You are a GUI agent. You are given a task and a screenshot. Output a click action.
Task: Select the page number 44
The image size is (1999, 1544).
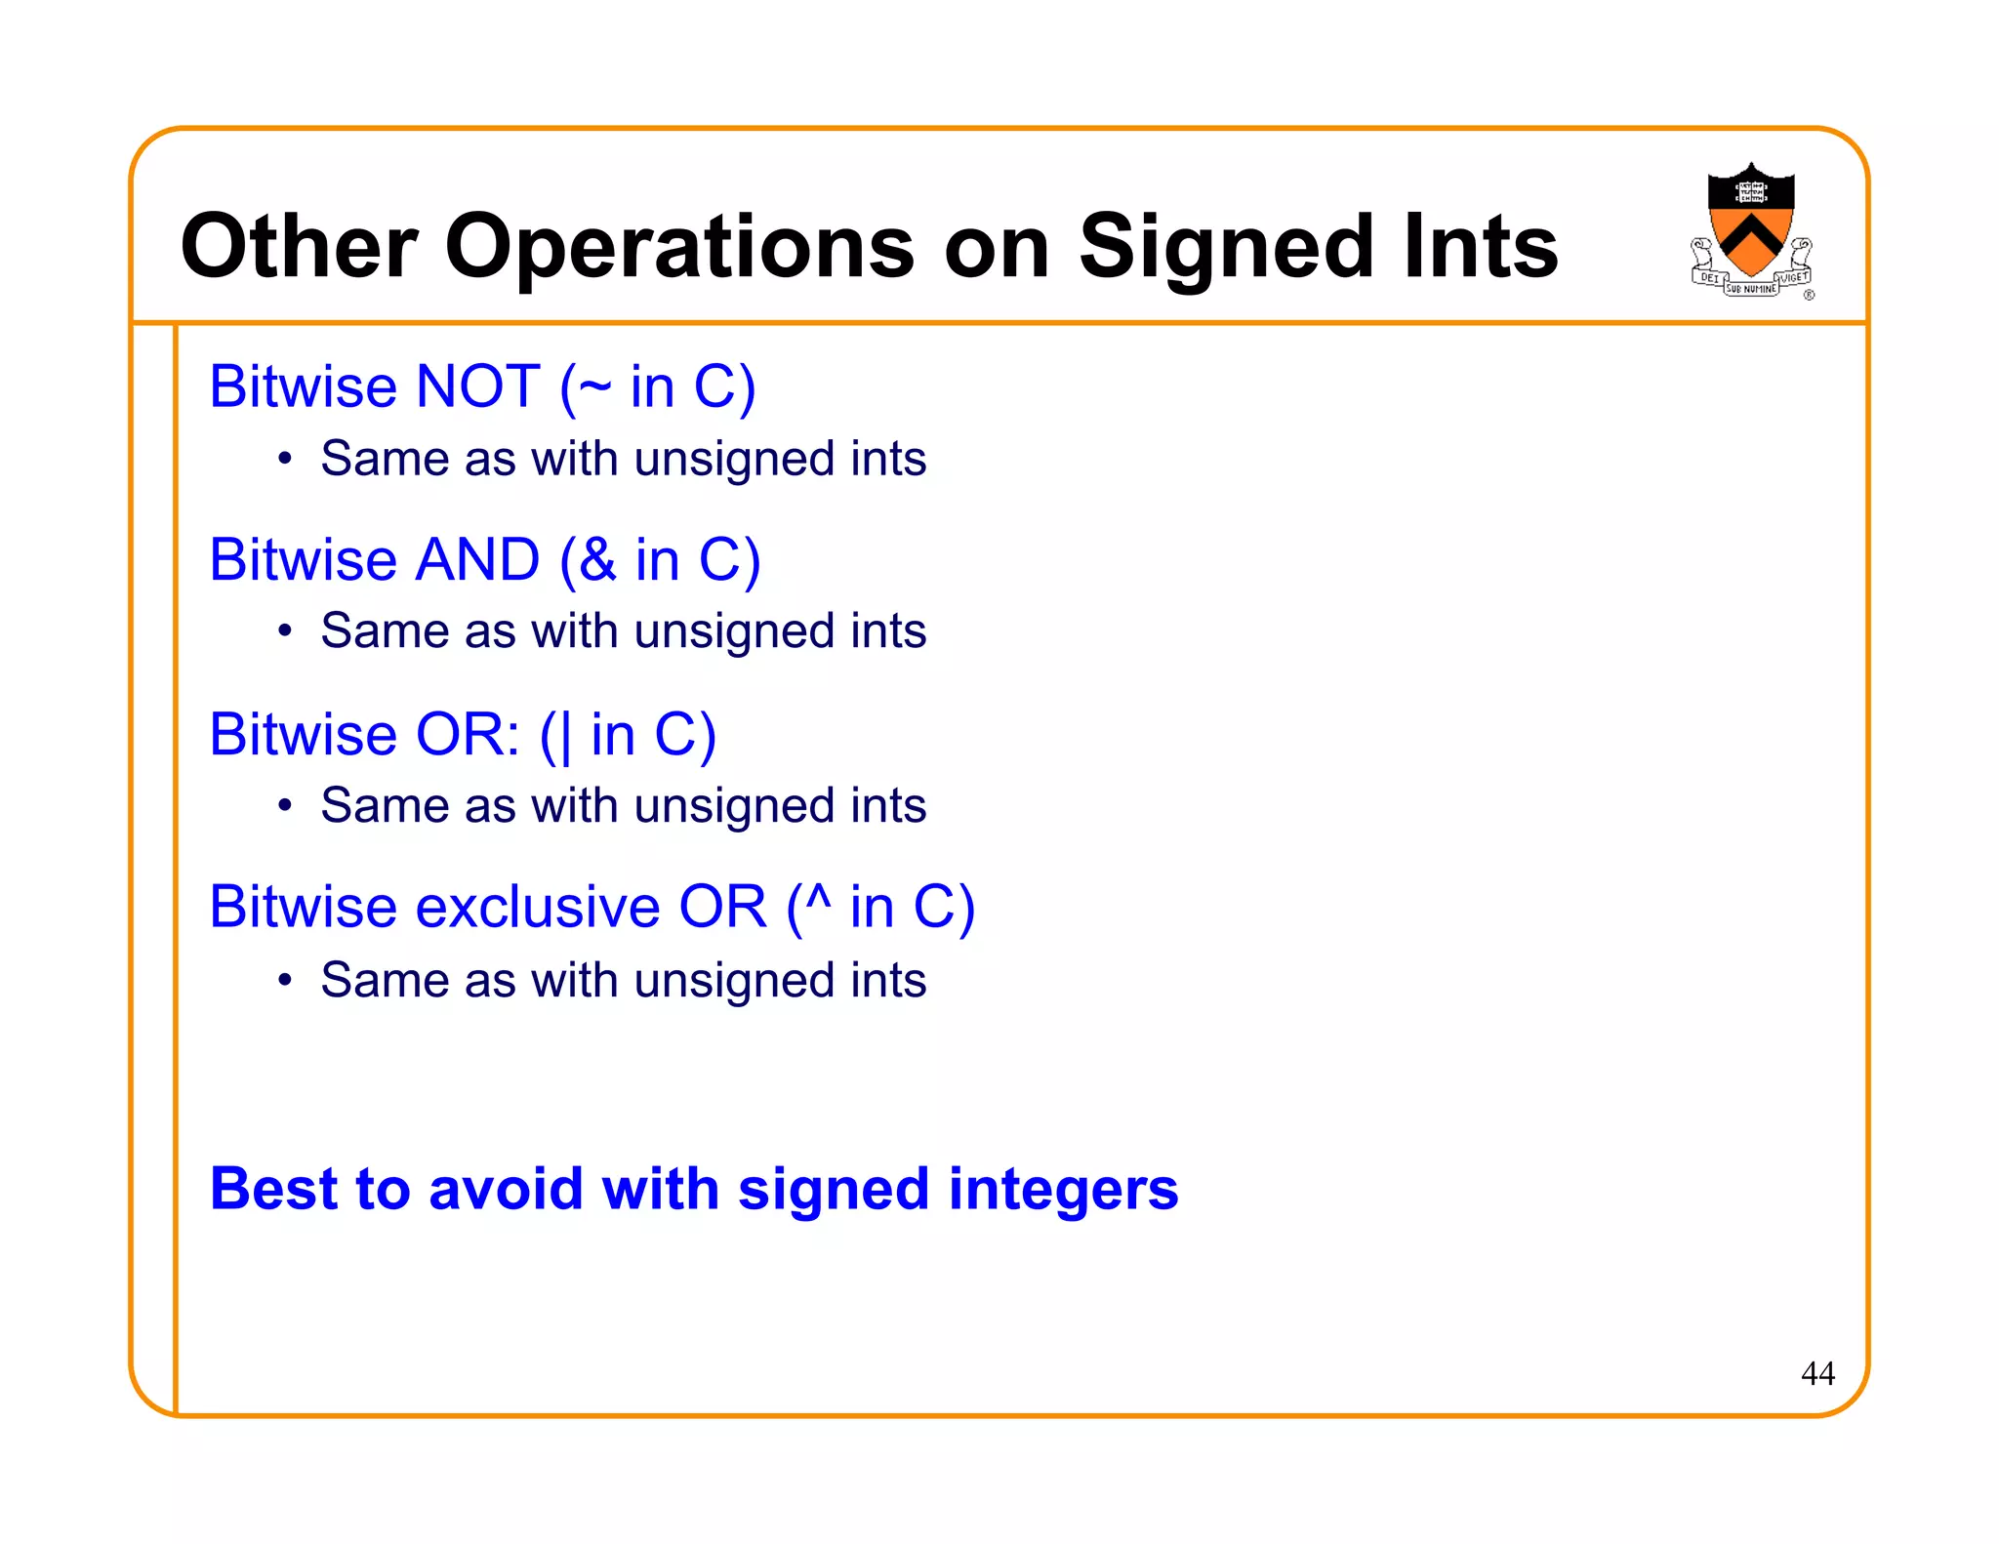(1816, 1374)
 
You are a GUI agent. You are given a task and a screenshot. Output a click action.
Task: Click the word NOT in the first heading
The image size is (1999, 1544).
(477, 386)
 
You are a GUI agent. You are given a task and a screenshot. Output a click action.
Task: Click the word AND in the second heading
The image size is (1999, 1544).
(477, 560)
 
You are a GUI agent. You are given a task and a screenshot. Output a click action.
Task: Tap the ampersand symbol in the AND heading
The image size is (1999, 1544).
(597, 560)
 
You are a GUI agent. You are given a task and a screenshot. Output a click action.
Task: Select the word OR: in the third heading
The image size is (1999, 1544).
(468, 734)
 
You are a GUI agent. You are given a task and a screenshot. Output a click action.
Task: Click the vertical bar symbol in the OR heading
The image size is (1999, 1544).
(566, 736)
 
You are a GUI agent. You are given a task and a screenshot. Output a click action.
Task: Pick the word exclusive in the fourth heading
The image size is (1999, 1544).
(538, 908)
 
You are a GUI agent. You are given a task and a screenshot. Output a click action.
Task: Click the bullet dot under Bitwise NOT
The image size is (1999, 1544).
(284, 459)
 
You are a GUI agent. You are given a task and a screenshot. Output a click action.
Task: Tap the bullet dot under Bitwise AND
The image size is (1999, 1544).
(284, 631)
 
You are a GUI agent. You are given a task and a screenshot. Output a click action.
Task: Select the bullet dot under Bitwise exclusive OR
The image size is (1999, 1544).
(284, 980)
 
